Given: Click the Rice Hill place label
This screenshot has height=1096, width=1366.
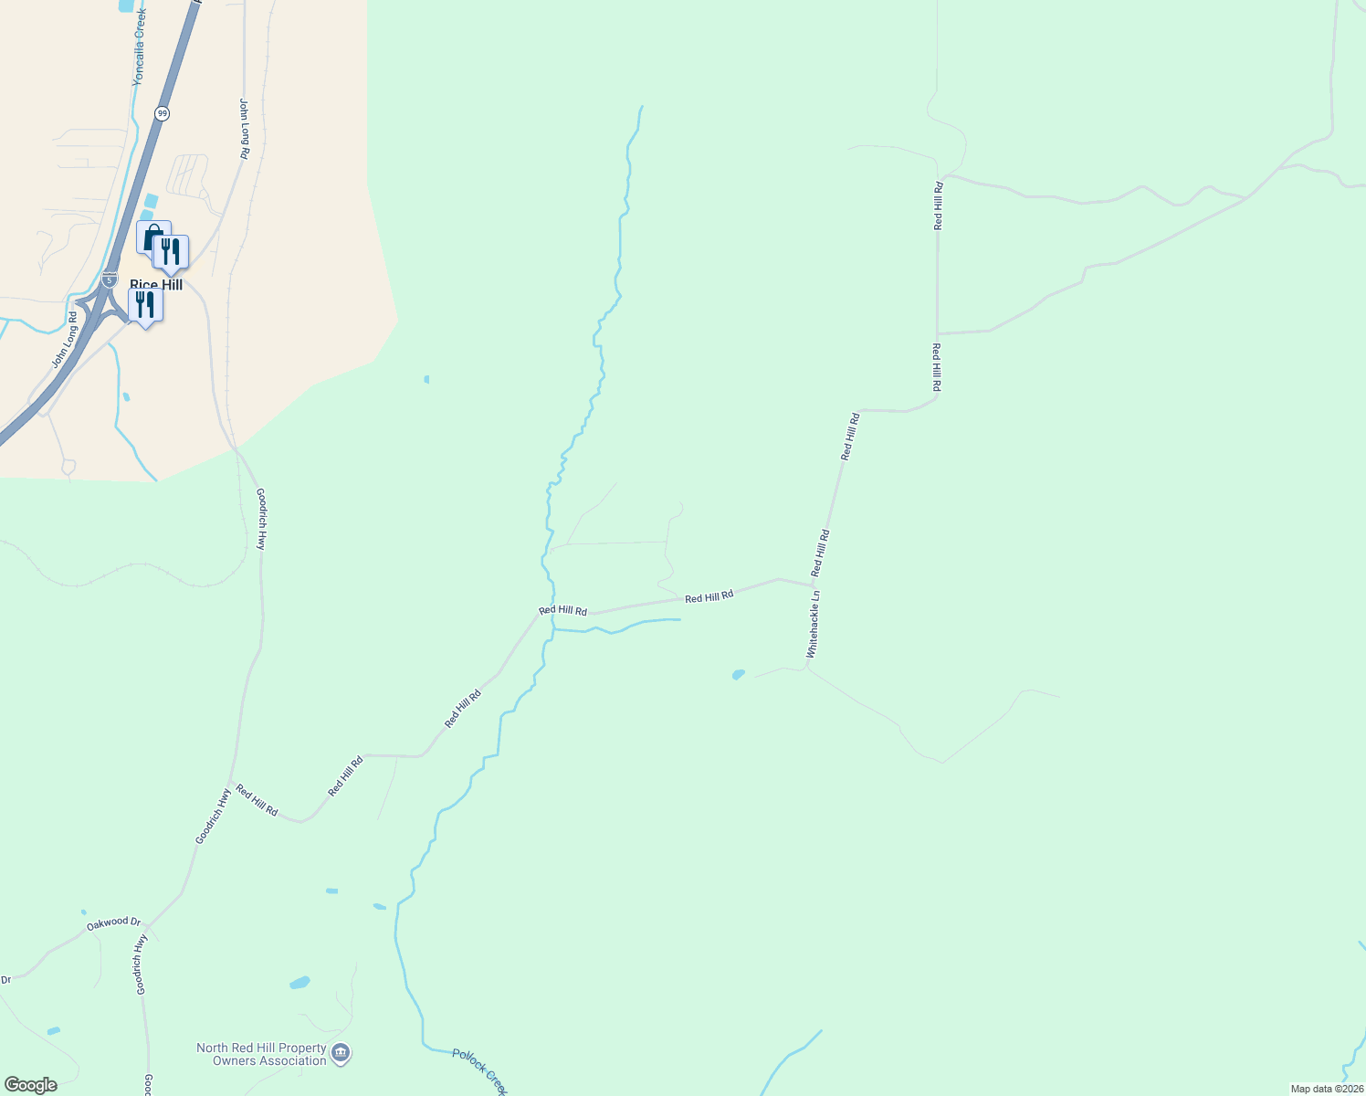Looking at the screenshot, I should pyautogui.click(x=156, y=284).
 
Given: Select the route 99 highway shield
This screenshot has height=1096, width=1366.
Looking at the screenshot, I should pyautogui.click(x=162, y=113).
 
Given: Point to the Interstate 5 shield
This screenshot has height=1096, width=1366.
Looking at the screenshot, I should pyautogui.click(x=110, y=279).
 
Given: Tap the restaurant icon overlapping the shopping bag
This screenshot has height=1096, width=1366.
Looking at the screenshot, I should pyautogui.click(x=171, y=252).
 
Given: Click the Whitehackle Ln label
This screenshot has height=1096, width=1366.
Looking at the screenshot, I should pyautogui.click(x=813, y=625).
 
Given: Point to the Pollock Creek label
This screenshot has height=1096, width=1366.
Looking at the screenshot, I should pyautogui.click(x=479, y=1070).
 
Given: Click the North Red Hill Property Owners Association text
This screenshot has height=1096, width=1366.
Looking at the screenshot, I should pyautogui.click(x=261, y=1054).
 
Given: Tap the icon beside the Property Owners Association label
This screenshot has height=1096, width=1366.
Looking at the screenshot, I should pyautogui.click(x=341, y=1054).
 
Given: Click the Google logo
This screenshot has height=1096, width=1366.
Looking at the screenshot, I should pyautogui.click(x=29, y=1085).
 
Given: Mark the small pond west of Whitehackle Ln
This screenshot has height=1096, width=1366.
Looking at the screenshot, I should pyautogui.click(x=738, y=675).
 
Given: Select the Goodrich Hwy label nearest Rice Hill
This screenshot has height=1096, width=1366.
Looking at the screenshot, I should pyautogui.click(x=260, y=518).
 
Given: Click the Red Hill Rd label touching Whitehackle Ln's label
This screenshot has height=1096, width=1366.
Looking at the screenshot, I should pyautogui.click(x=821, y=552).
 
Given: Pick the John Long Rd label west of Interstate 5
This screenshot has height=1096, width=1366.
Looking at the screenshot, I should pyautogui.click(x=64, y=341).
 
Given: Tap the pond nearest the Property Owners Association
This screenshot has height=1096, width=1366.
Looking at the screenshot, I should pyautogui.click(x=299, y=983).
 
